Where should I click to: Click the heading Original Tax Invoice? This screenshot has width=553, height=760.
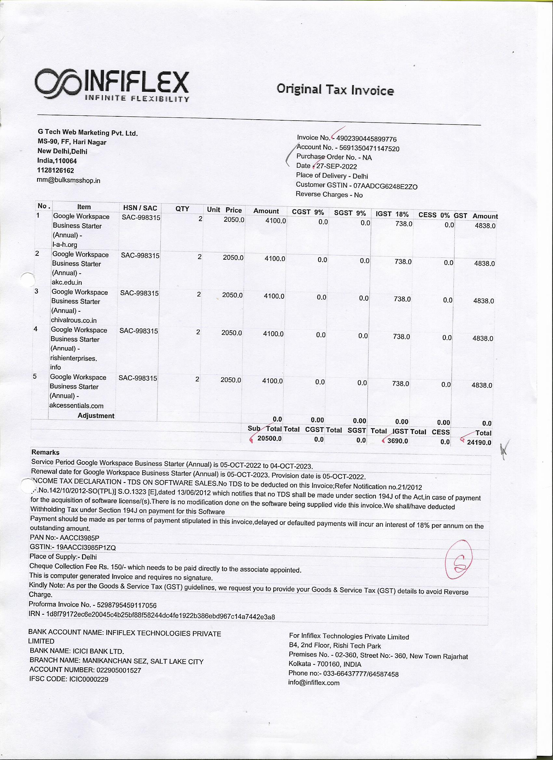(x=335, y=90)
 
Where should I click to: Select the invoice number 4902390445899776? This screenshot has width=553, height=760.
(x=367, y=139)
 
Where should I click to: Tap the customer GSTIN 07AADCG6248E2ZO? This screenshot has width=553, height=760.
(x=385, y=186)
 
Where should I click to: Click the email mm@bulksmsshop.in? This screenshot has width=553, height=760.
(x=68, y=180)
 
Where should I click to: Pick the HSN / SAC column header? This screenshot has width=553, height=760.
(x=140, y=208)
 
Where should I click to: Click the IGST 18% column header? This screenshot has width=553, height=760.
(x=392, y=214)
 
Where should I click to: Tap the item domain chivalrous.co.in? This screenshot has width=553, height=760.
(x=74, y=320)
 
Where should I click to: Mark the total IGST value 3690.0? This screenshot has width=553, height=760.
(x=398, y=441)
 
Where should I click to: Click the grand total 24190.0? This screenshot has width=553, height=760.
(x=479, y=442)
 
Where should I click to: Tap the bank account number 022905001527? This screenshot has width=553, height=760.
(x=119, y=670)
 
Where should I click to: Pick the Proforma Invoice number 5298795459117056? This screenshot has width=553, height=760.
(x=127, y=606)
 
